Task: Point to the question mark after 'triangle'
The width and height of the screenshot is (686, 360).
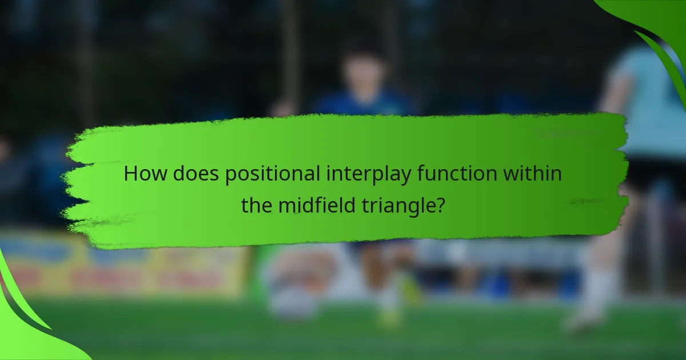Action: [440, 205]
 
